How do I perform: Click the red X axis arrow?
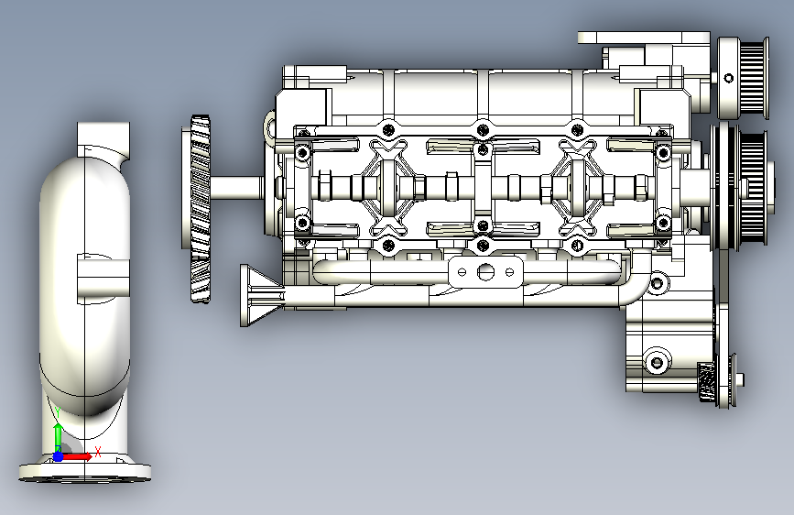[x=76, y=456]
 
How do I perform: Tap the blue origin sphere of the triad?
[x=59, y=456]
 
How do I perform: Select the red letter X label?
[x=98, y=452]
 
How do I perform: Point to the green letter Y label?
[x=57, y=413]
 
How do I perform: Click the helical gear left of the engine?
[x=197, y=209]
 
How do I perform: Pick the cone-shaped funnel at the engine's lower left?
[x=261, y=295]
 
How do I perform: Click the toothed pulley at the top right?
[x=744, y=78]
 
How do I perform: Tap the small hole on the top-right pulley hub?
[x=729, y=78]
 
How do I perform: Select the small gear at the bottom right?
[x=707, y=382]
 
